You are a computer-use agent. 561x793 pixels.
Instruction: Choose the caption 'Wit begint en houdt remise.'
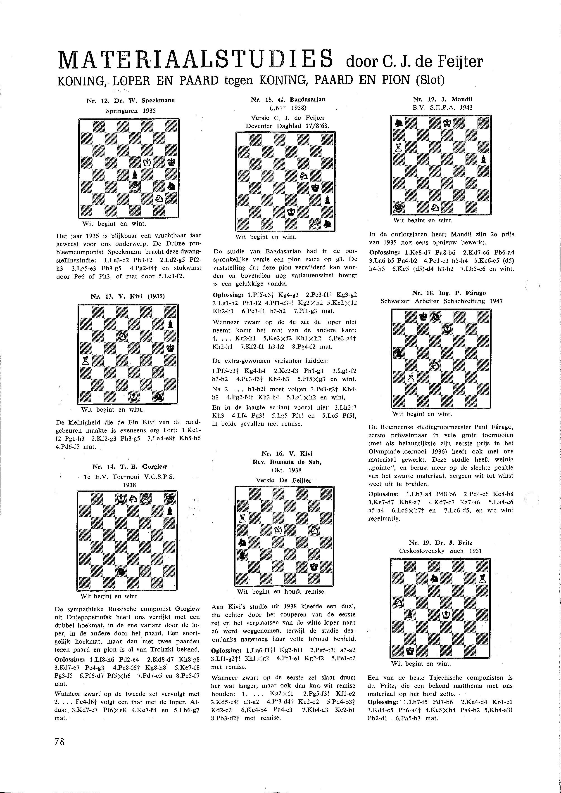[281, 592]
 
